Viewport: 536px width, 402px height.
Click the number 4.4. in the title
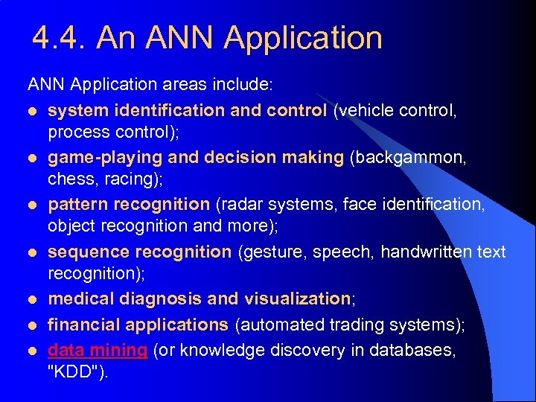60,37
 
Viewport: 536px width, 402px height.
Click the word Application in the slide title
304,38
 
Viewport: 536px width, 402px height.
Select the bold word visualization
296,299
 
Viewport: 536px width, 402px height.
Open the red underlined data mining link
98,350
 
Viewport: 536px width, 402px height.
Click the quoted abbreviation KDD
77,371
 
